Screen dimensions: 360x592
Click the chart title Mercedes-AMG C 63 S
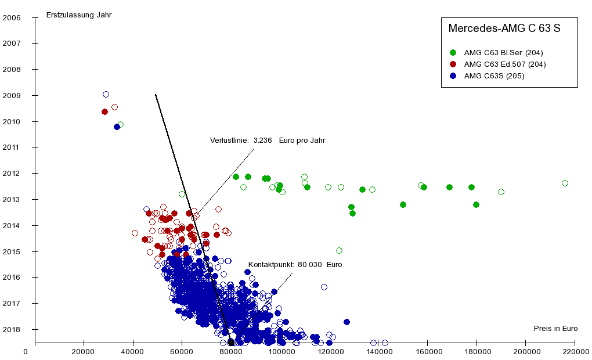(x=504, y=28)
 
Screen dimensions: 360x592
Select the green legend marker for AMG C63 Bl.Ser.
(x=453, y=53)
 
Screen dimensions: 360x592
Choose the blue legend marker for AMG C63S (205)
(x=453, y=76)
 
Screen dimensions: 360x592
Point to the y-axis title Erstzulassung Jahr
(x=79, y=15)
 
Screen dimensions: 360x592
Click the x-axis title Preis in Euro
(x=555, y=329)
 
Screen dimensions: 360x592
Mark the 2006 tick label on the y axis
(x=12, y=17)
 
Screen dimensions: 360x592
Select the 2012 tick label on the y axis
(x=12, y=174)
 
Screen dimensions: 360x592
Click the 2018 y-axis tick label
(x=12, y=330)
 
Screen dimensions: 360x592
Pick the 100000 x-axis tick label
(x=280, y=351)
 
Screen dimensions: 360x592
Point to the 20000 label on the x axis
(x=84, y=351)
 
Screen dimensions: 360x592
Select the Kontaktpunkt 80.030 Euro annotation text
(x=295, y=265)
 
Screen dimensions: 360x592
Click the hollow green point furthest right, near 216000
(x=565, y=183)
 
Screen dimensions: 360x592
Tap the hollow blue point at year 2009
(x=106, y=94)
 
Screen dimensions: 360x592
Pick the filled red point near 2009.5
(x=104, y=111)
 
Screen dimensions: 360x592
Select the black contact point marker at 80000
(x=231, y=342)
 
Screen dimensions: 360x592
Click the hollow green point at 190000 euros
(x=501, y=192)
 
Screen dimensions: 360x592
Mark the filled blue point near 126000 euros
(x=346, y=322)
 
